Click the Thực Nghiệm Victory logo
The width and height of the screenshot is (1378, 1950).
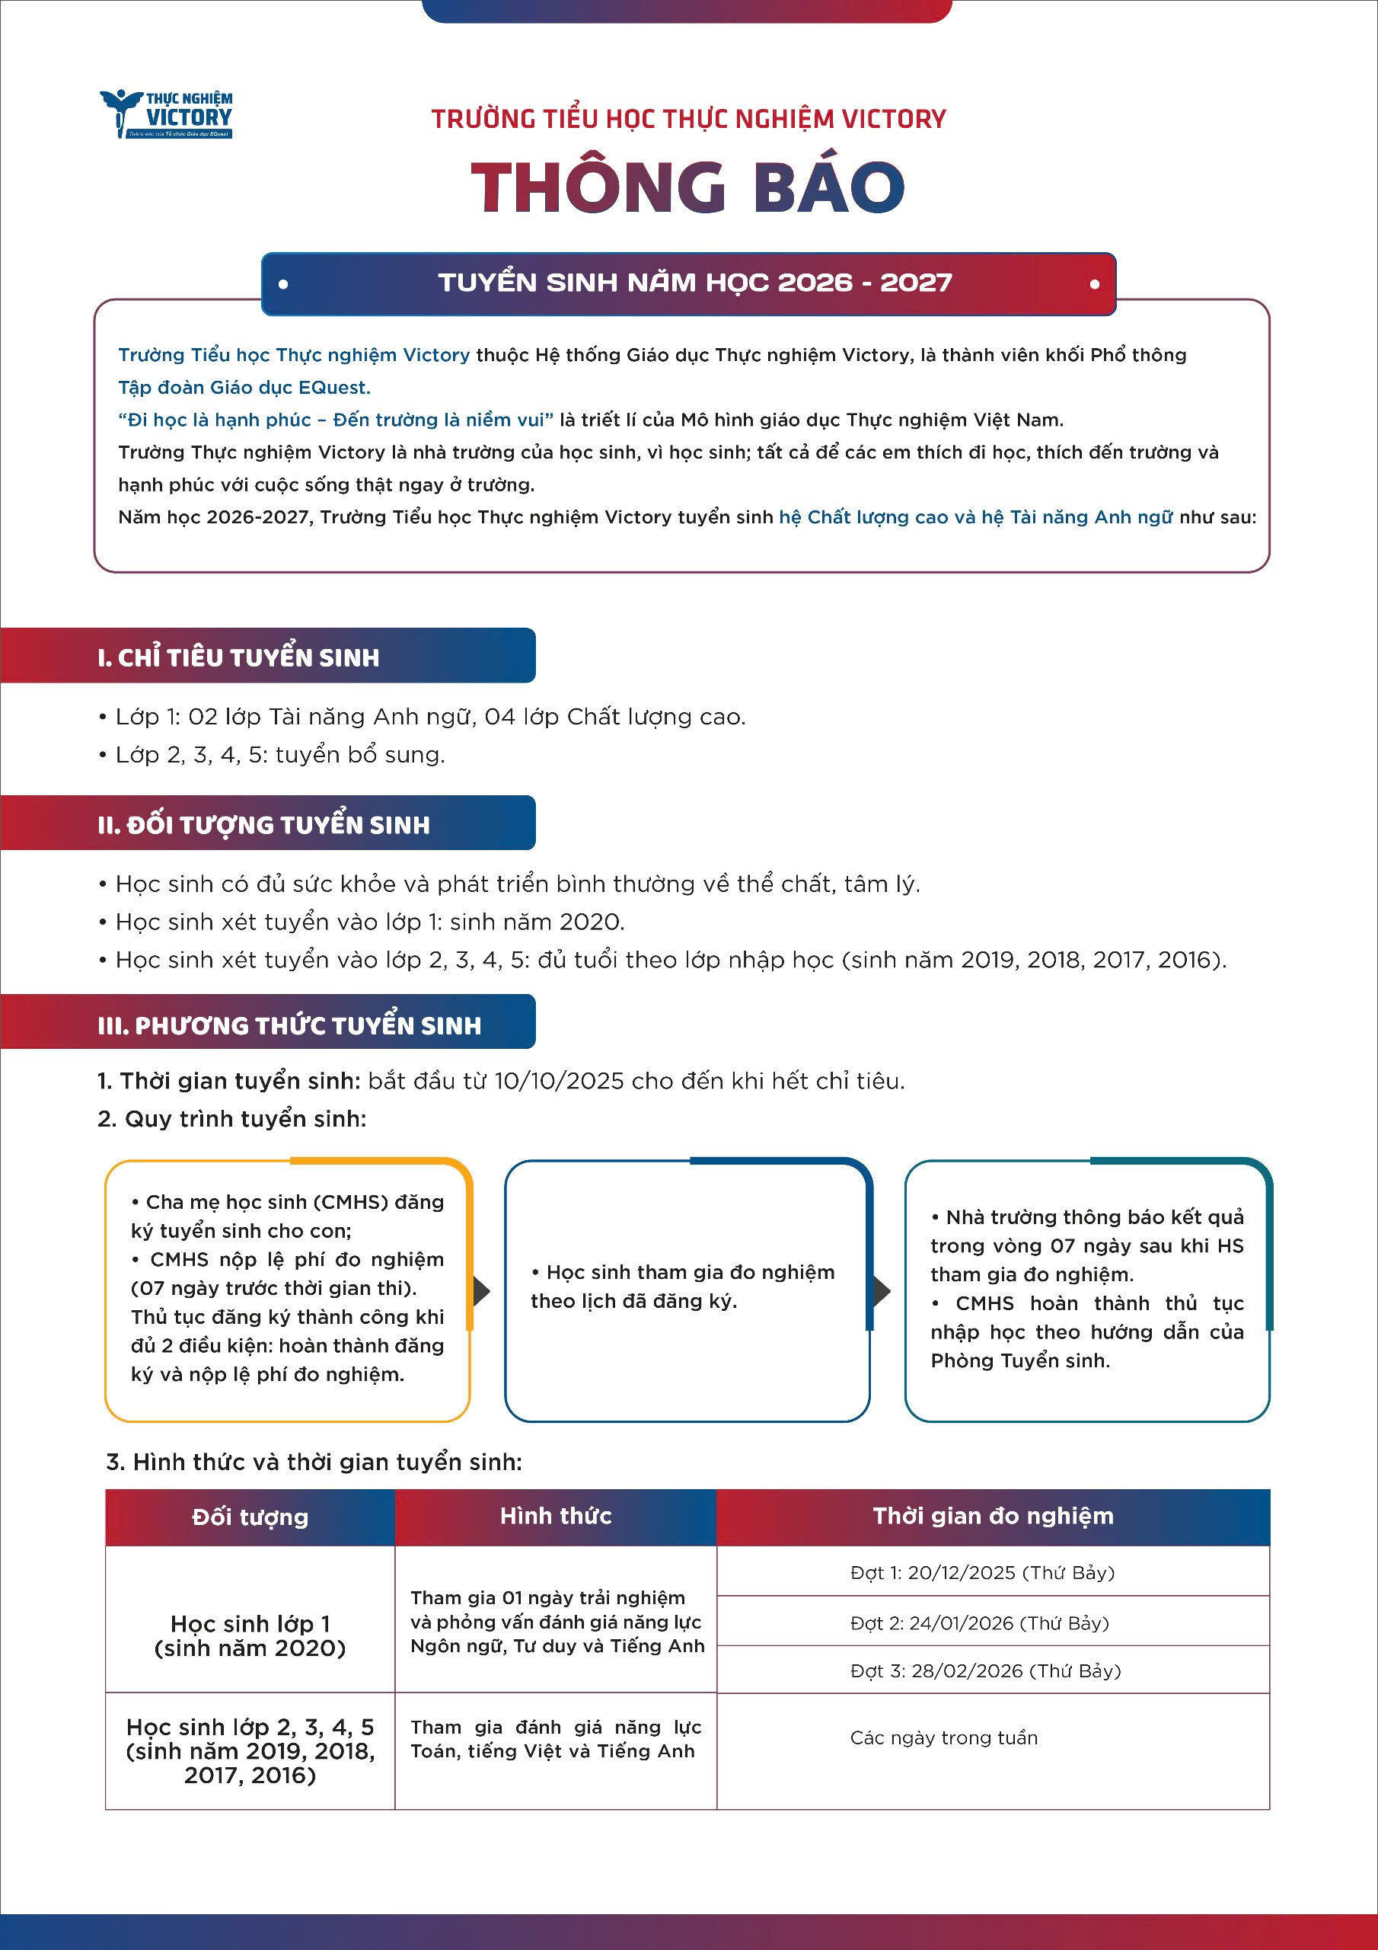pos(167,113)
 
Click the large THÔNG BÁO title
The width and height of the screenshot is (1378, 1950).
pos(687,187)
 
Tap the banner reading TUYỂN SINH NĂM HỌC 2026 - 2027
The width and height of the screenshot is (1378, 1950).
pos(694,283)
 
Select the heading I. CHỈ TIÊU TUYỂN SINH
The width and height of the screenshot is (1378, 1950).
pos(238,657)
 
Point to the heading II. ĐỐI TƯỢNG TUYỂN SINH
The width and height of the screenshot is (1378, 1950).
pos(263,825)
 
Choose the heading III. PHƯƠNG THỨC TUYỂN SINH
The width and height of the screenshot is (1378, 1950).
pos(289,1025)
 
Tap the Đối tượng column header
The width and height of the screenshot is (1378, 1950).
pos(250,1517)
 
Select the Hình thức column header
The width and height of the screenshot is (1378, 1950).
pos(555,1516)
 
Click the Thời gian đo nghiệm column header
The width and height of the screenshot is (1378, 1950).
pos(993,1516)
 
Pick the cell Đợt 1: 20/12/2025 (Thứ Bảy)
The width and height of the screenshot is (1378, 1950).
pos(982,1573)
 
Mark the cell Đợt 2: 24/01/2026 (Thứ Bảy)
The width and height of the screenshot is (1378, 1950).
pos(980,1623)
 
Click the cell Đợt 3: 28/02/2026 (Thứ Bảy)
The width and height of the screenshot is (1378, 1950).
pos(985,1670)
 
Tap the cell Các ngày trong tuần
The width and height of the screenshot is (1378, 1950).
pos(943,1737)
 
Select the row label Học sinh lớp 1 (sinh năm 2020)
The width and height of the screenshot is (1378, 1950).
pos(250,1635)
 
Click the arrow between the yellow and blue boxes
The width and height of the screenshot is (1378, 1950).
pos(482,1292)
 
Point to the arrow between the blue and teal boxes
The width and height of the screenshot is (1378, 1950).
pos(882,1292)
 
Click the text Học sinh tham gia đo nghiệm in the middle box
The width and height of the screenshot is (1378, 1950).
pos(691,1272)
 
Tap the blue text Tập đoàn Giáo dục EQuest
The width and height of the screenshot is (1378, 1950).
pos(244,387)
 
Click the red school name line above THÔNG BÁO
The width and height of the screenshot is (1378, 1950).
pos(688,119)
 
